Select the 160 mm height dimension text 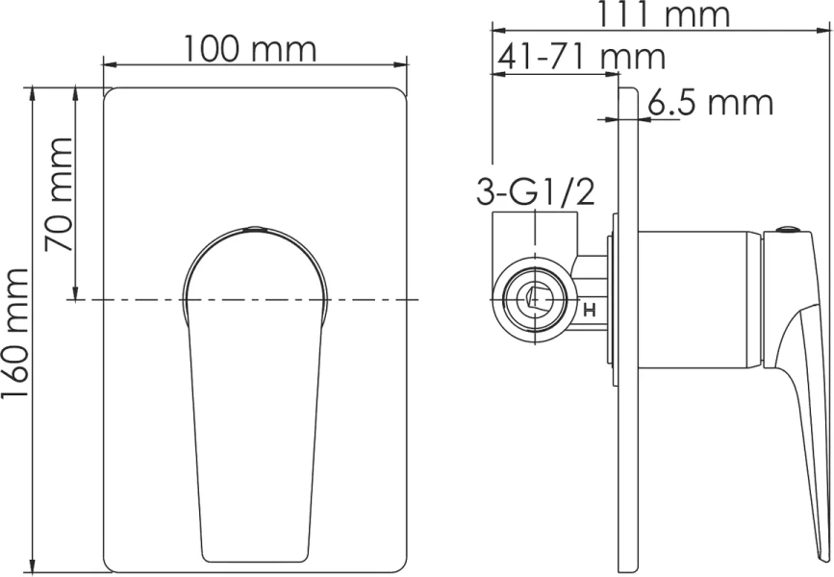16,328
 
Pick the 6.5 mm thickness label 709,102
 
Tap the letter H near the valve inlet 591,311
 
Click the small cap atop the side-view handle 788,230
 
